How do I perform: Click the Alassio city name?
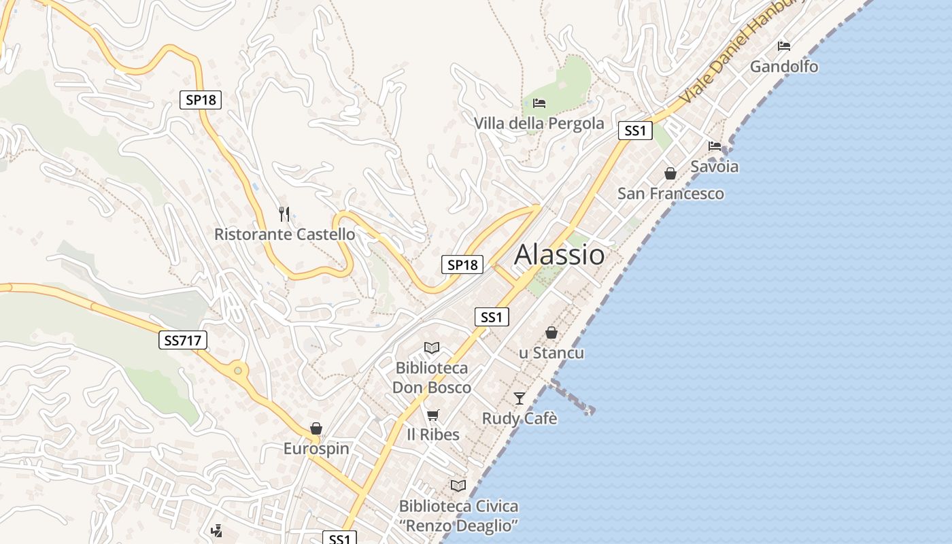[559, 254]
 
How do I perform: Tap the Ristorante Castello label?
[284, 235]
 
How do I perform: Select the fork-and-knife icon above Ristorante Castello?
[284, 214]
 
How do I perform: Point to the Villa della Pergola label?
[539, 123]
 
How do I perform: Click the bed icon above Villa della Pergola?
[539, 103]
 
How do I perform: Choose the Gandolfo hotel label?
[784, 67]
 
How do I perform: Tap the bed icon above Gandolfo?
[784, 46]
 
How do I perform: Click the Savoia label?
[714, 167]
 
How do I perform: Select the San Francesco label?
[670, 194]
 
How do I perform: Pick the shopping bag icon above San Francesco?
[670, 173]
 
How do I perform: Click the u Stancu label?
[551, 353]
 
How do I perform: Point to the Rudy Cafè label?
[520, 418]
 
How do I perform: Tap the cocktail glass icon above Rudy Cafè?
[520, 398]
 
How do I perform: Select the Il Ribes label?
[432, 435]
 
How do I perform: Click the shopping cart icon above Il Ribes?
[432, 415]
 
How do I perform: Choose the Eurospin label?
[316, 449]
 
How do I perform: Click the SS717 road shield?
[183, 340]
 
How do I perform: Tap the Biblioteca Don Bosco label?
[432, 377]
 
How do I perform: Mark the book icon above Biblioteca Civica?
[458, 486]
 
